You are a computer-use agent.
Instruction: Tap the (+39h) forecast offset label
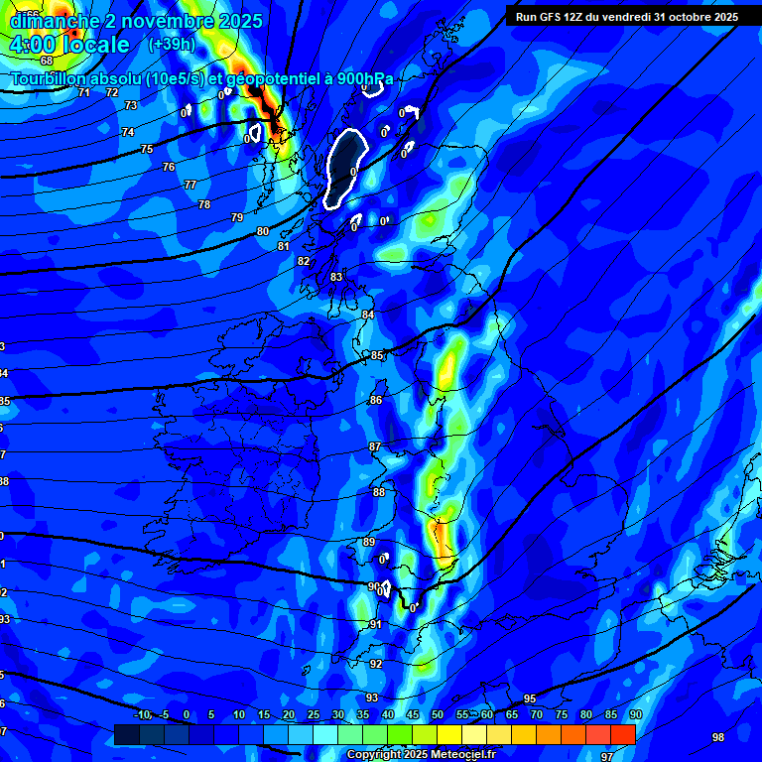coord(171,45)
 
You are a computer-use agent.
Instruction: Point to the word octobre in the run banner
coord(682,17)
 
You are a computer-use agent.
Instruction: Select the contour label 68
coord(47,61)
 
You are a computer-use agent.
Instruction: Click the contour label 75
coord(147,149)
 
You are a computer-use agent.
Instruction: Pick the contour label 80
coord(263,231)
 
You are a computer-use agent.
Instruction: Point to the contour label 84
coord(368,315)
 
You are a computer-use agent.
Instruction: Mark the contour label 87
coord(375,447)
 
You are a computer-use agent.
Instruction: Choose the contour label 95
coord(530,699)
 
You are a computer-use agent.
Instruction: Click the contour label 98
coord(718,737)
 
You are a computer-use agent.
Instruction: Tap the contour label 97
coord(607,757)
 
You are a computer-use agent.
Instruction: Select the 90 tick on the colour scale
coord(636,714)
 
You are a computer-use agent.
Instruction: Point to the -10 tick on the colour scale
coord(142,714)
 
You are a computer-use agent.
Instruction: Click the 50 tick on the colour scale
coord(438,714)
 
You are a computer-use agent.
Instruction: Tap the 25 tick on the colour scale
coord(314,714)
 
